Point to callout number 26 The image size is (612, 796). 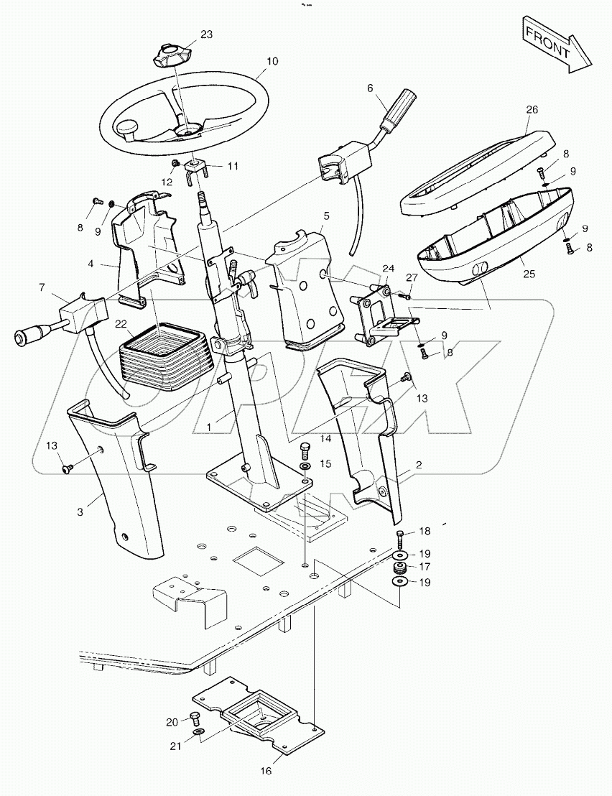pyautogui.click(x=532, y=110)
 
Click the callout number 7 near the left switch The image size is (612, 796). pyautogui.click(x=43, y=288)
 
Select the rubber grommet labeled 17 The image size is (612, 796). pyautogui.click(x=399, y=568)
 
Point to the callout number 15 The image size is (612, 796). pyautogui.click(x=325, y=464)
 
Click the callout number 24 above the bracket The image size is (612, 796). pyautogui.click(x=388, y=269)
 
